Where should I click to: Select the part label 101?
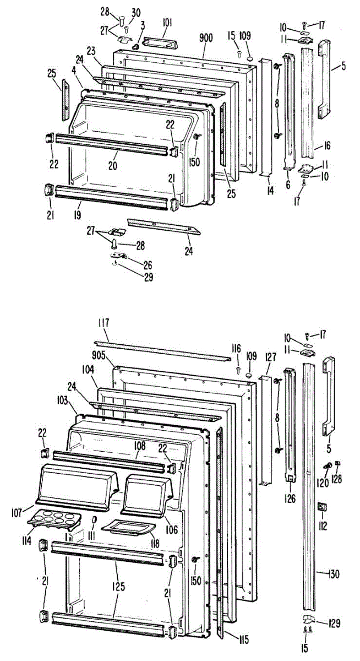click(167, 23)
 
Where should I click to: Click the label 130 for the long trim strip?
click(333, 575)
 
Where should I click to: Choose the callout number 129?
click(334, 624)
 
